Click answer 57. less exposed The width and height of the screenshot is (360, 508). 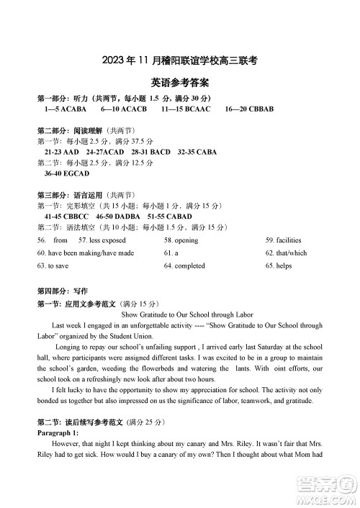click(x=102, y=240)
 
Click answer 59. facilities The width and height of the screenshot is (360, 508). click(x=283, y=240)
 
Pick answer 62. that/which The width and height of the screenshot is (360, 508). click(x=286, y=253)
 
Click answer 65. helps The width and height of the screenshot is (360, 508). click(x=279, y=266)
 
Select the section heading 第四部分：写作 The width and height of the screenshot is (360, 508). click(x=61, y=291)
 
